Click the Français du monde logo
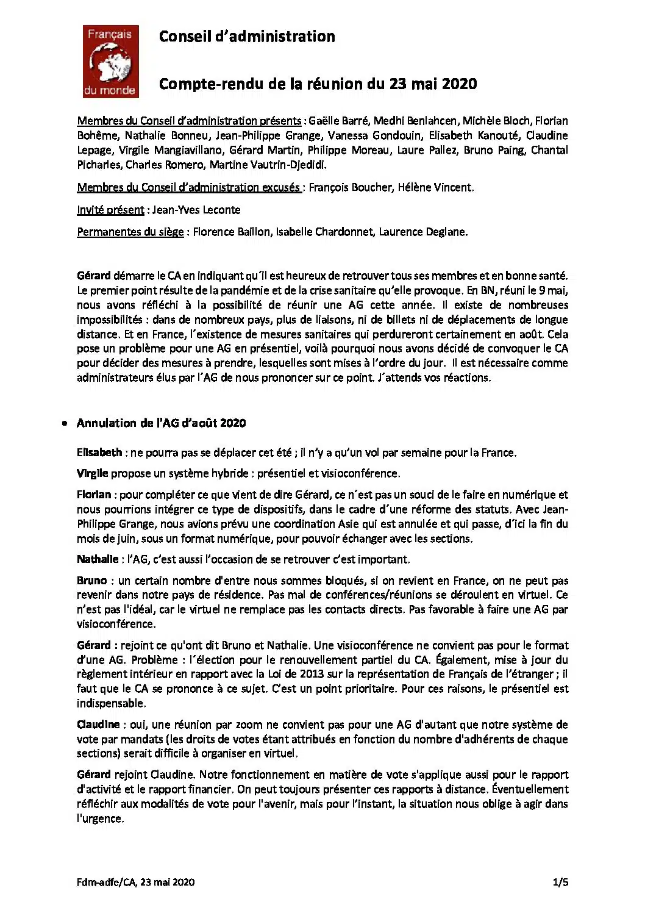pos(111,62)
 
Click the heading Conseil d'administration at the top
pos(246,37)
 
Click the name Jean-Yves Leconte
pos(196,210)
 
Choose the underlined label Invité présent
pos(110,210)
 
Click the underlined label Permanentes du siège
pos(130,232)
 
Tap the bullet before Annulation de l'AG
pos(65,423)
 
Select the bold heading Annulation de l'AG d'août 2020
pos(161,423)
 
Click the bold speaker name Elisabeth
pos(99,453)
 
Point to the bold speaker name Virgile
pos(93,473)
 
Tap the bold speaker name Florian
pos(94,495)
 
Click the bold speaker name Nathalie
pos(98,559)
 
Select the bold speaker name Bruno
pos(92,581)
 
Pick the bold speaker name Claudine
pos(98,725)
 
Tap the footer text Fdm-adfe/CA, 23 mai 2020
pos(136,882)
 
